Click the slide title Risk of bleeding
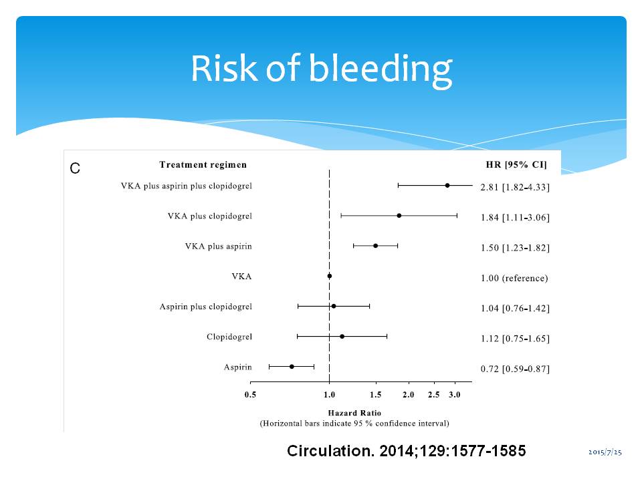tap(321, 69)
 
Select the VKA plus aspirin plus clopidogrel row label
tap(186, 186)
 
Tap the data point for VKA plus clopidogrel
tap(399, 216)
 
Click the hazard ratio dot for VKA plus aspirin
tap(376, 246)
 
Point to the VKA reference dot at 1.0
tap(330, 276)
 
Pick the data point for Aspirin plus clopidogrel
tap(334, 306)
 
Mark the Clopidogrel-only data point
tap(342, 336)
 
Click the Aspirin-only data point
tap(292, 366)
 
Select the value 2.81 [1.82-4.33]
tap(515, 187)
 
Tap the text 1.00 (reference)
tap(514, 278)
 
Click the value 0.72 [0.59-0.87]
tap(515, 369)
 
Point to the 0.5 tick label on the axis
tap(250, 395)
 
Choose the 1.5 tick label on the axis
tap(376, 395)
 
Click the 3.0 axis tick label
tap(455, 395)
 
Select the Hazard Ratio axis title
tap(354, 413)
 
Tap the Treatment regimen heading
tap(203, 165)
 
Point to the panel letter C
tap(75, 169)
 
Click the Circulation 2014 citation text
tap(406, 451)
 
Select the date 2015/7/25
tap(605, 453)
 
